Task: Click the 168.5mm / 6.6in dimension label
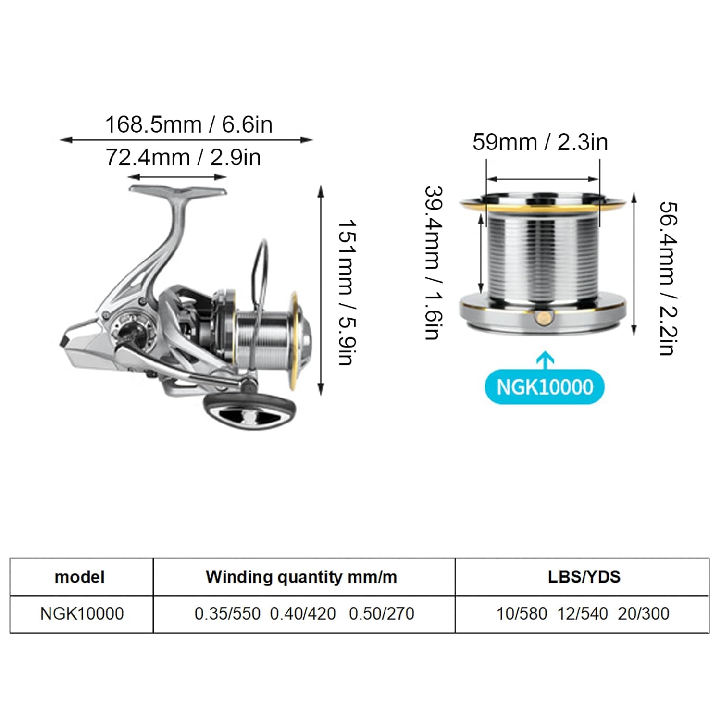pos(188,125)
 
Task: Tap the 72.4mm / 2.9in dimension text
pos(183,158)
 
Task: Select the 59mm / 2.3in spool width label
pos(540,142)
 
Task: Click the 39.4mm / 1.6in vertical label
pos(433,263)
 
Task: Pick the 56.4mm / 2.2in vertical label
pos(668,278)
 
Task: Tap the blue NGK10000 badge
pos(545,387)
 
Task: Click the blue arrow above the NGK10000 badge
pos(545,360)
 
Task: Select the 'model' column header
pos(79,577)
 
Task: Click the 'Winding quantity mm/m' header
pos(301,577)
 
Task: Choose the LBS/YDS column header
pos(584,577)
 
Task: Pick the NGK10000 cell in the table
pos(82,614)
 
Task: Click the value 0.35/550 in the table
pos(227,614)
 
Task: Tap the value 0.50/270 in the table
pos(381,614)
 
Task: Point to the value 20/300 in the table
pos(644,614)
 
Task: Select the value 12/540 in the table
pos(583,614)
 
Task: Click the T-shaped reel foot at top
pos(178,191)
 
